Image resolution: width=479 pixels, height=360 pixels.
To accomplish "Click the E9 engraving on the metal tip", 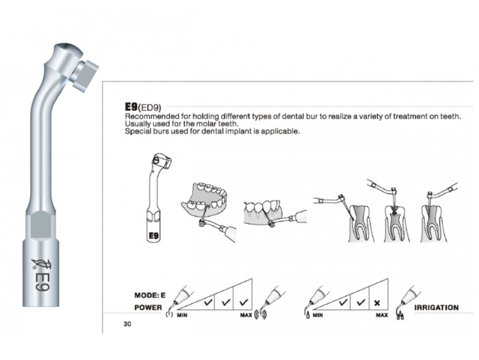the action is (x=42, y=281).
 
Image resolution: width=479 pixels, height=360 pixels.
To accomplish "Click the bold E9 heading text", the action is (x=131, y=106).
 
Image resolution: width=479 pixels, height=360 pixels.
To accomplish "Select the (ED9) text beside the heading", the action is (x=149, y=107).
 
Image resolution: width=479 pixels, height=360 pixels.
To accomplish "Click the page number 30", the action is (x=127, y=324).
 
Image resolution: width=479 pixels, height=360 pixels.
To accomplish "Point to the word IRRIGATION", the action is (x=437, y=307).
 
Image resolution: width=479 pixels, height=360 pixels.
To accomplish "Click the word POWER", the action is (x=148, y=307).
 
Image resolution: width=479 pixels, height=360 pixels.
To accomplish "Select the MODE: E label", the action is (x=150, y=295).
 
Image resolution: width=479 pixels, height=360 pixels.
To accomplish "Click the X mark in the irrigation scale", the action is (x=377, y=303).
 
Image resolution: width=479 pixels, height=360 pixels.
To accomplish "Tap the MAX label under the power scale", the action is (x=246, y=315).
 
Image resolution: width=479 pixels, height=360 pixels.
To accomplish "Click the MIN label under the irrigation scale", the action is (x=318, y=315).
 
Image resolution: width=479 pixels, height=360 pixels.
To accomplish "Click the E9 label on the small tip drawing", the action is (x=153, y=235).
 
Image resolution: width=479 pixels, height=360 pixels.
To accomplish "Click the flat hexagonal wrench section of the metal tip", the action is (x=40, y=224).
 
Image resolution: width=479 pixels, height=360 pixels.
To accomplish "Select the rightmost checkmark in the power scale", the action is (x=244, y=303).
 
